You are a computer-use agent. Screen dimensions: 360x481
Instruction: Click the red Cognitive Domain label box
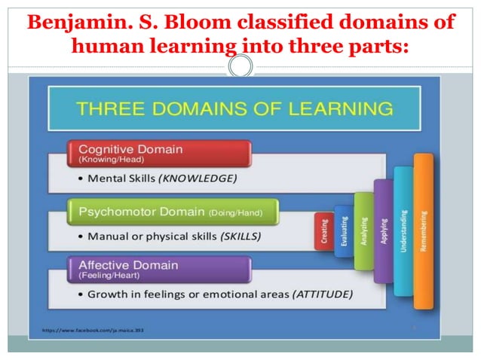click(x=158, y=152)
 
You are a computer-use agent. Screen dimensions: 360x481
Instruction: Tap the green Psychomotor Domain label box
click(x=173, y=212)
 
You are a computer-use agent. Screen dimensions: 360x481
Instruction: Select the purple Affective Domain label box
click(x=158, y=269)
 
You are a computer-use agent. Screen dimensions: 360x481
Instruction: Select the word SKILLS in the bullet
click(x=240, y=236)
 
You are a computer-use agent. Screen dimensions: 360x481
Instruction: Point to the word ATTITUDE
click(x=322, y=294)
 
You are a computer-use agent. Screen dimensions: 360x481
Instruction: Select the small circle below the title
click(x=240, y=67)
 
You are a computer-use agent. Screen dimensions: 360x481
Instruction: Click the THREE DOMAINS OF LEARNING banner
click(x=234, y=108)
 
